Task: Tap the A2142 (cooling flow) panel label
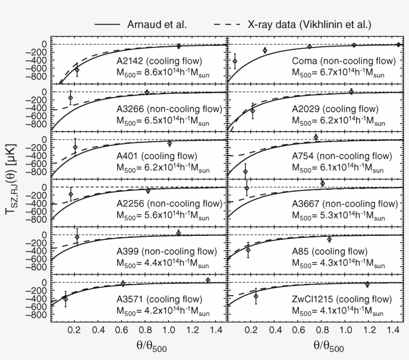pos(159,62)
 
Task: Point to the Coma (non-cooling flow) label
pos(344,62)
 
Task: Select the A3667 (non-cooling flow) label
pos(345,204)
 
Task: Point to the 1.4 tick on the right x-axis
pos(392,330)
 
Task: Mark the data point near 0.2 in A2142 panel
pos(77,69)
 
